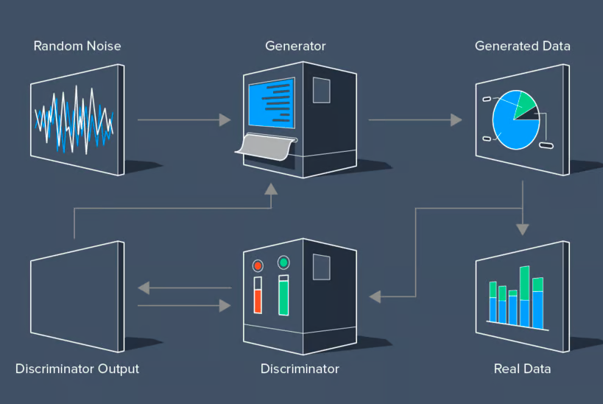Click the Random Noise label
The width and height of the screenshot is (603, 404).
click(x=77, y=46)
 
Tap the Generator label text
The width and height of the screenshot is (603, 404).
click(x=295, y=46)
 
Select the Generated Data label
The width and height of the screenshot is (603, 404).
click(x=522, y=46)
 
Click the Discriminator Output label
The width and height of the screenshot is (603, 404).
click(x=77, y=368)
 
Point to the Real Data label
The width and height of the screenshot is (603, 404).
click(x=522, y=368)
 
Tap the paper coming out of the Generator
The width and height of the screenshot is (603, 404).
click(x=265, y=145)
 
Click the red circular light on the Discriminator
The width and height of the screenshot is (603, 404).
click(x=258, y=266)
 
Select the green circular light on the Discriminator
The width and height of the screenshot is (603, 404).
click(x=283, y=262)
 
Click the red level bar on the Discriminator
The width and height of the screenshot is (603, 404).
click(x=258, y=301)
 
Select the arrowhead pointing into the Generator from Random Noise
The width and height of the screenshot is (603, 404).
click(x=225, y=119)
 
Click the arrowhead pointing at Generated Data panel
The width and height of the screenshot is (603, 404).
click(x=456, y=119)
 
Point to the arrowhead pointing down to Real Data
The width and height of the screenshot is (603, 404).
click(x=523, y=229)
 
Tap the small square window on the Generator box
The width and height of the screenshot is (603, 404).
click(x=322, y=91)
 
